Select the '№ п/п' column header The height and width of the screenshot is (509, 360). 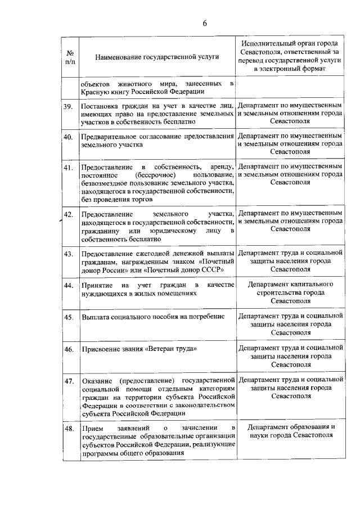70,57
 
